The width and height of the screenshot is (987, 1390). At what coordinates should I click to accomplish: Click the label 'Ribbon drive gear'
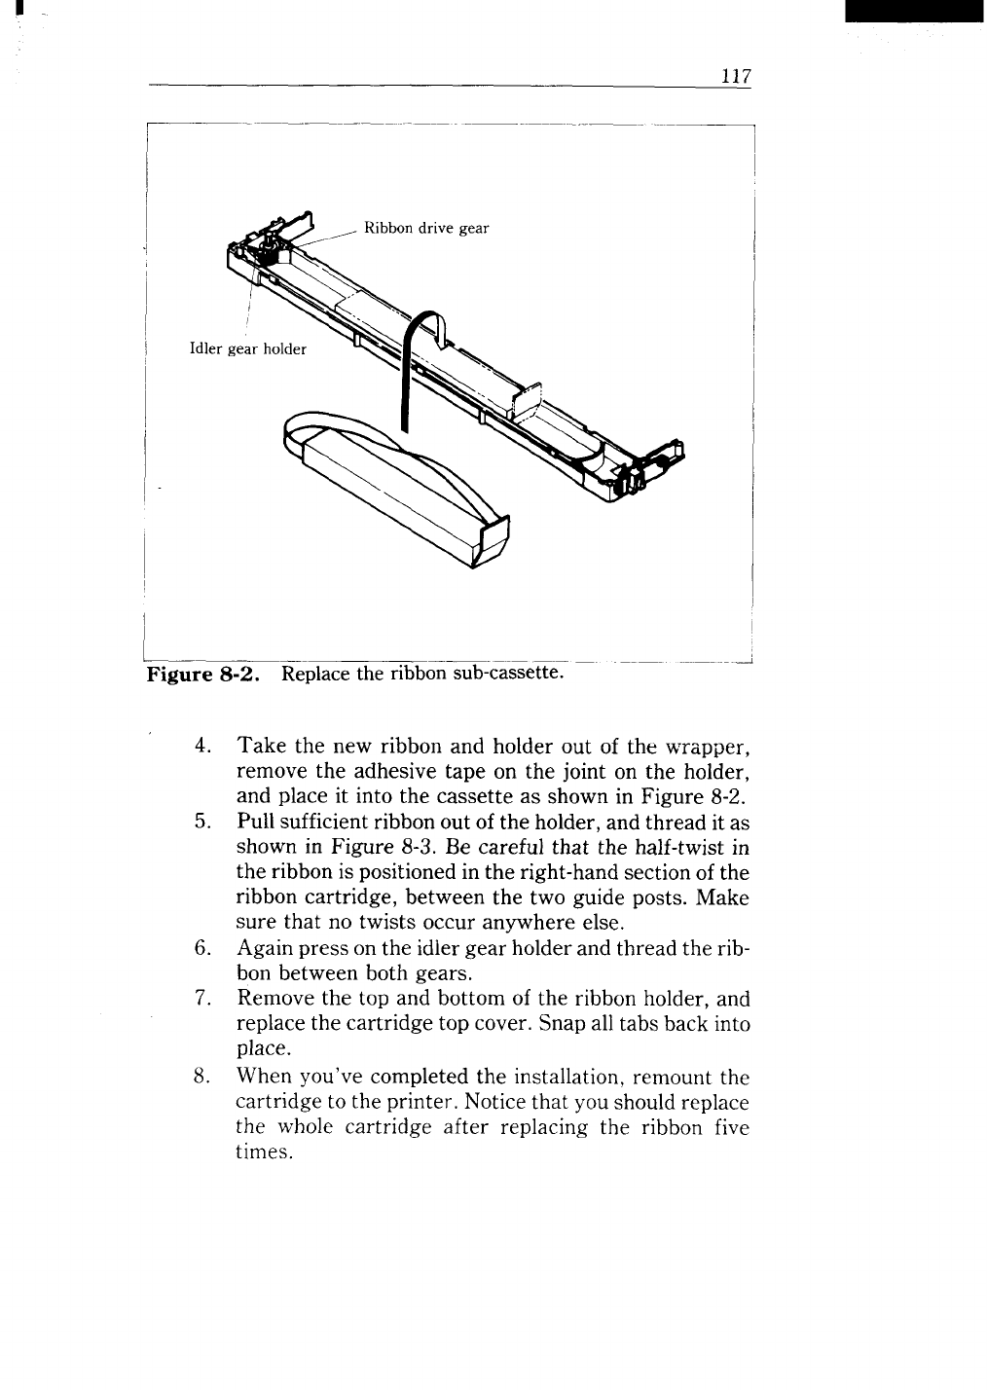point(425,229)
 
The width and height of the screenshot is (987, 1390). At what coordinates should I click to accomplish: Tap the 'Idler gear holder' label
point(247,349)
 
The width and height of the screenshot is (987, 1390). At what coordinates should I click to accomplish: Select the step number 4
point(202,748)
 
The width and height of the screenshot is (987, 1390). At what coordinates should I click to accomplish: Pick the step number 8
point(202,1078)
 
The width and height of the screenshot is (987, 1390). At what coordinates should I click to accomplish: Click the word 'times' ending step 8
point(264,1153)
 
